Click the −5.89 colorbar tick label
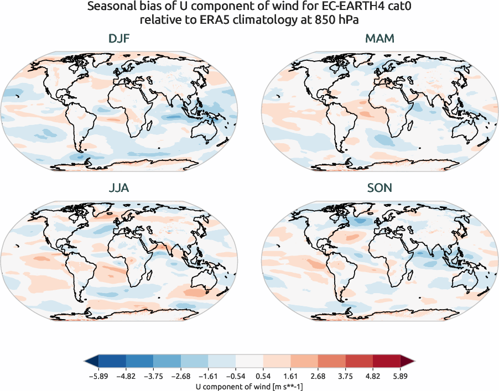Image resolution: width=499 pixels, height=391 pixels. click(x=98, y=376)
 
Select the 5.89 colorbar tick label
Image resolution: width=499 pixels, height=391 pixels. click(x=401, y=376)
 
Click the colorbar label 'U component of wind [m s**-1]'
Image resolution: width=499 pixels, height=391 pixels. click(x=249, y=386)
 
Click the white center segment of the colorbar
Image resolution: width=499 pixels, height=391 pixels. click(x=249, y=362)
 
